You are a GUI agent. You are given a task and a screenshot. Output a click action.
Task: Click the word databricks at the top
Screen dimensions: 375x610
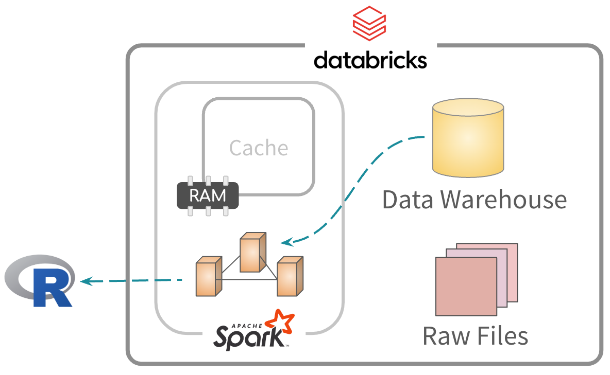click(x=370, y=60)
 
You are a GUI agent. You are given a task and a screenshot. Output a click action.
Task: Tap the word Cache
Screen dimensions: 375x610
click(x=259, y=148)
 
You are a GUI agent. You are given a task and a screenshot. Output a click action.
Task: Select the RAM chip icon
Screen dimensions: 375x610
click(x=208, y=195)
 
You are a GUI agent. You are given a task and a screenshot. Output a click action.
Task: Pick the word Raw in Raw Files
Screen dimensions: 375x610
click(x=442, y=336)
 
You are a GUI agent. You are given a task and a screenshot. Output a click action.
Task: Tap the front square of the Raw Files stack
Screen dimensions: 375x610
click(x=460, y=286)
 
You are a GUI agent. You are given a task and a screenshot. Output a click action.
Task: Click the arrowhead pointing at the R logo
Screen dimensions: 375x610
click(x=86, y=281)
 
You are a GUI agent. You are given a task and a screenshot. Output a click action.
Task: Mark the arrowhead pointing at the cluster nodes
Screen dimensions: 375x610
click(x=284, y=241)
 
